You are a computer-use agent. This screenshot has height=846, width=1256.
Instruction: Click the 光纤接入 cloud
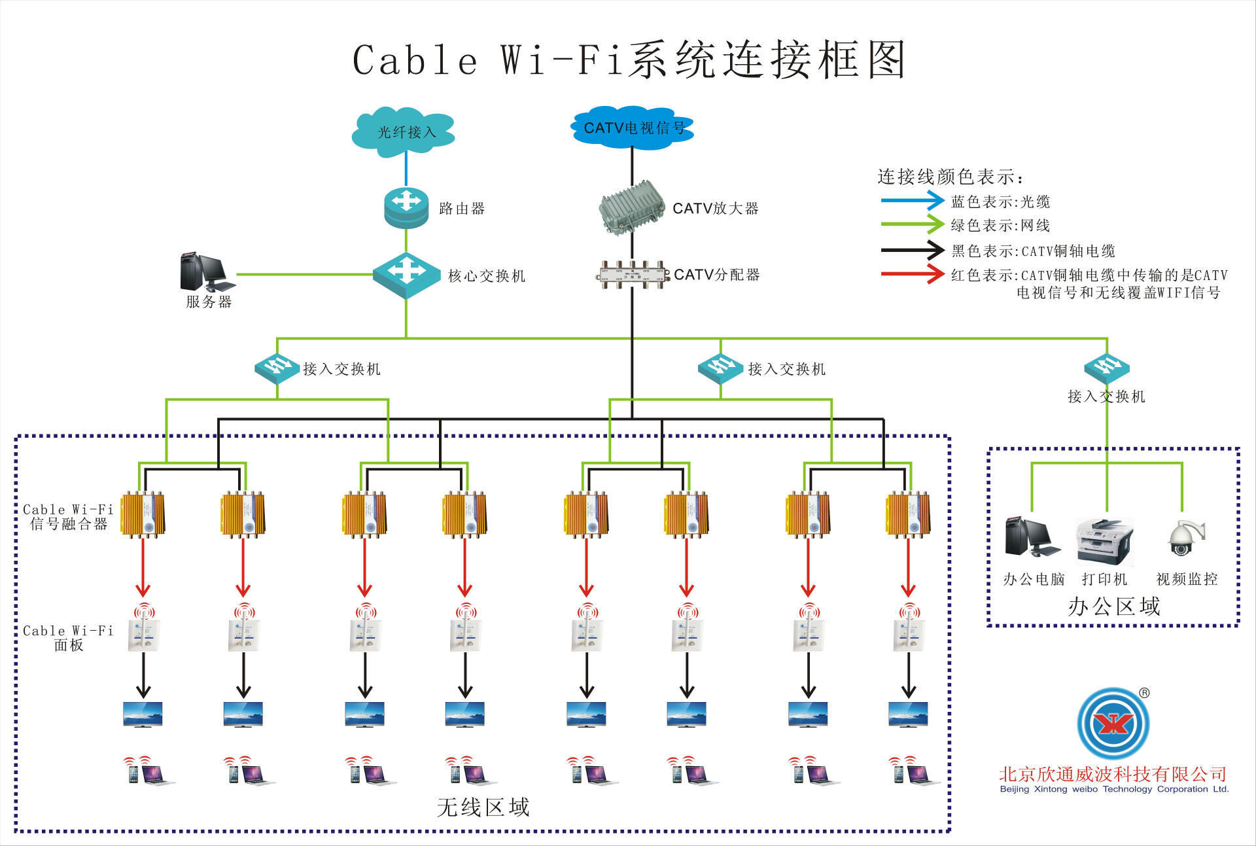[404, 132]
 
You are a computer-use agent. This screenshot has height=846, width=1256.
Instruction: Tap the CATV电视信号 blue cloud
[632, 128]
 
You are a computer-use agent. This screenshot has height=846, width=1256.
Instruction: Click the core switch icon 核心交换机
[406, 275]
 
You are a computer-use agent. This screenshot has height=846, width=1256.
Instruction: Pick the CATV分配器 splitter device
[633, 275]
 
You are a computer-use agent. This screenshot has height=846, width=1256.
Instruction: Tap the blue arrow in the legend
[912, 201]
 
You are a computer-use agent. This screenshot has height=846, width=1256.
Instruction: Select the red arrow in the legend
[912, 274]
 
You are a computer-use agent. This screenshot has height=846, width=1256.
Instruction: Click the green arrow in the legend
[912, 225]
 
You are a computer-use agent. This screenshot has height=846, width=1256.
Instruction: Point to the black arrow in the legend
[912, 250]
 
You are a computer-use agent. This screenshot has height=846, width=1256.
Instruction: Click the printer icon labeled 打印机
[1105, 542]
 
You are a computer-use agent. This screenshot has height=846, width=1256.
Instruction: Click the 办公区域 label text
[1114, 607]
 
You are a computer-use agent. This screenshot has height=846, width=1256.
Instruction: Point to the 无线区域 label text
[483, 807]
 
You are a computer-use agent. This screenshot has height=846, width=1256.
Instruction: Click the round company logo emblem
[1113, 723]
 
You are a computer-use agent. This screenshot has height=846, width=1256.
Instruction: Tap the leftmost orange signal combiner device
[143, 515]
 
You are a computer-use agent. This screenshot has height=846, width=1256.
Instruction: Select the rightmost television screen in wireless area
[908, 714]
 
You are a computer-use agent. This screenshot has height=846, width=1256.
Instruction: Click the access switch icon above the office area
[1107, 368]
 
